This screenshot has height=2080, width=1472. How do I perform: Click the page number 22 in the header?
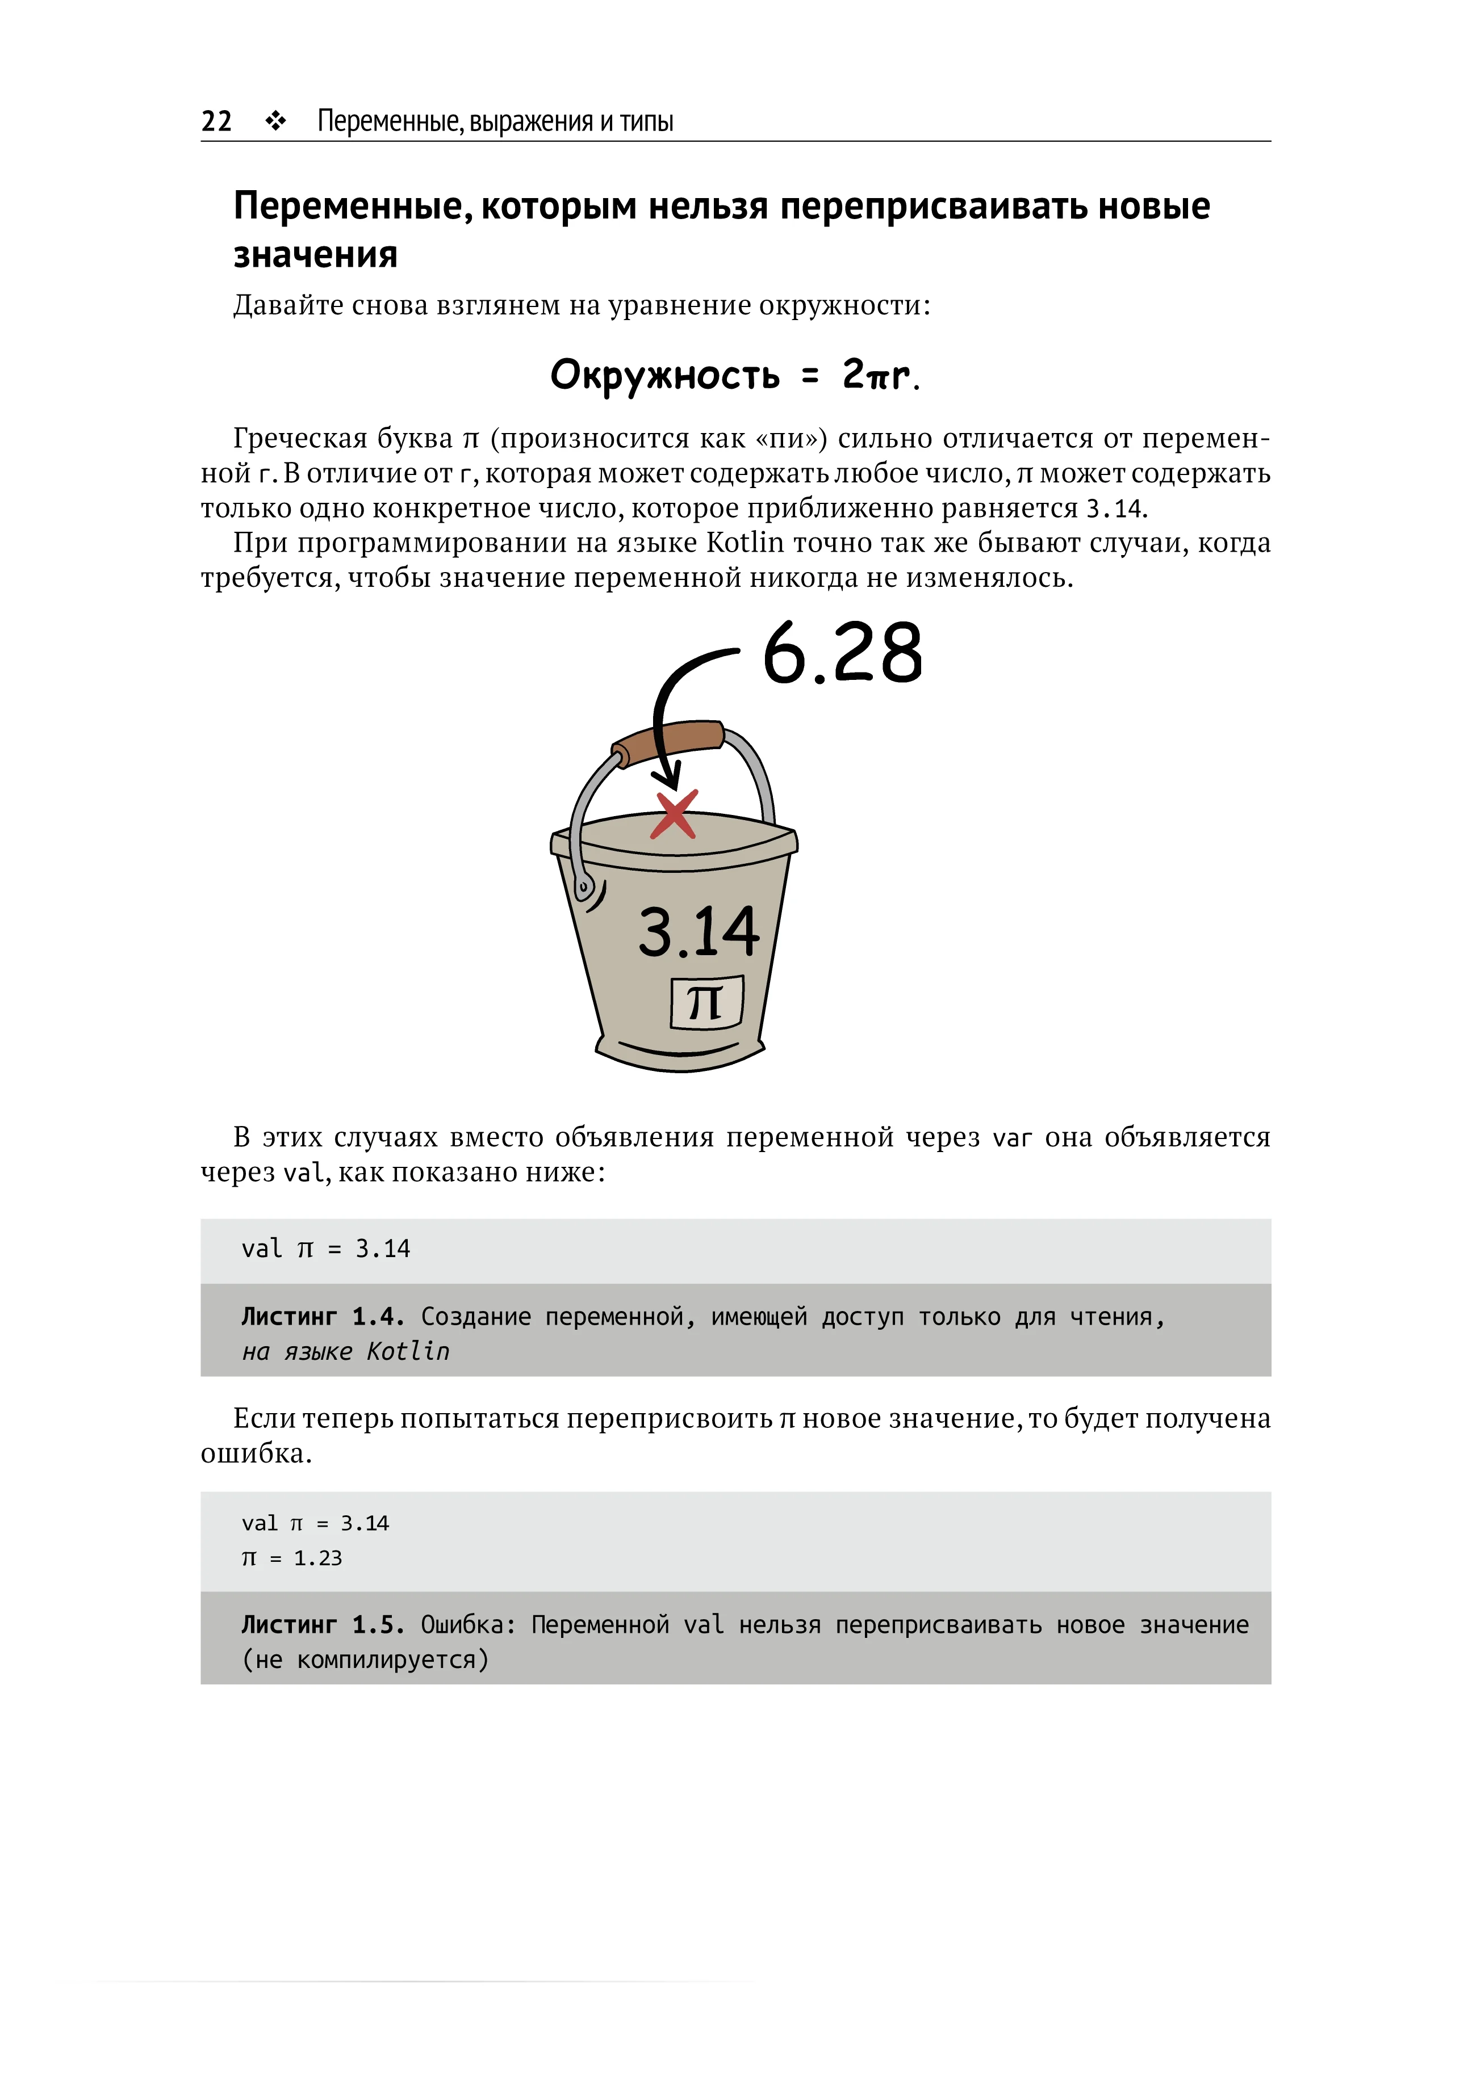[x=216, y=121]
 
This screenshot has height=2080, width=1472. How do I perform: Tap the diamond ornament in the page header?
[x=275, y=121]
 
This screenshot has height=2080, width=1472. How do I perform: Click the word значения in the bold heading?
[x=315, y=255]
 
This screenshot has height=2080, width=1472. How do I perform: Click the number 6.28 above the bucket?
[x=842, y=654]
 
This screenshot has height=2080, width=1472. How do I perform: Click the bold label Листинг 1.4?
[x=323, y=1316]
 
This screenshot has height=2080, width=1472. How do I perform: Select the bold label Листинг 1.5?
[x=323, y=1624]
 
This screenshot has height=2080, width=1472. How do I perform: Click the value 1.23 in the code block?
[x=318, y=1558]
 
